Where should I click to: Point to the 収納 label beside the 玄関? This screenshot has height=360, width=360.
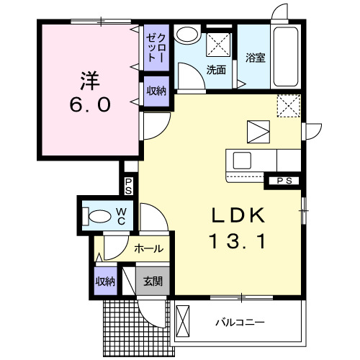pos(105,282)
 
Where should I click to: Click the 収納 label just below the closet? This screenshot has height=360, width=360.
pos(156,91)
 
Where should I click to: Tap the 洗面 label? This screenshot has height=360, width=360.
pos(217,70)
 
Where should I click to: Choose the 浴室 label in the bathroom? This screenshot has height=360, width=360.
pos(255,58)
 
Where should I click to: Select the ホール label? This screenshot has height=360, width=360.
pos(148,249)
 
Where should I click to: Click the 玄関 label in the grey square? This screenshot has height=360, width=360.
pos(151,282)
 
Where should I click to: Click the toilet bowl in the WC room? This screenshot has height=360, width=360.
pos(95,215)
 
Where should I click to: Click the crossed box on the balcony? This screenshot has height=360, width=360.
pos(184,320)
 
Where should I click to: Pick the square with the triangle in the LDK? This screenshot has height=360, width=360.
pos(257,132)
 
